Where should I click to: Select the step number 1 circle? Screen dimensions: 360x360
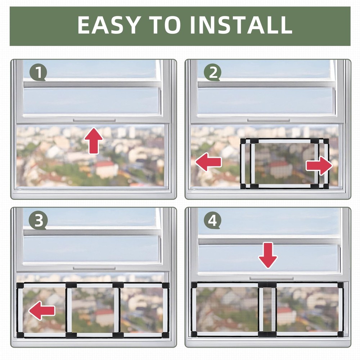[x=38, y=73]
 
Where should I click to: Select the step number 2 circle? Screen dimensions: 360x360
[x=213, y=73]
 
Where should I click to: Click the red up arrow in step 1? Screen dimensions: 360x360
[x=94, y=140]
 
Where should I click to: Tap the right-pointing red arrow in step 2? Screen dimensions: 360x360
[x=319, y=166]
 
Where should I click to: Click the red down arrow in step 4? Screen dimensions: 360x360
[x=268, y=255]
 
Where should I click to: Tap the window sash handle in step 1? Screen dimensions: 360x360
[x=94, y=120]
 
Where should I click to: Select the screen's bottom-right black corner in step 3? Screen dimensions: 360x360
[x=165, y=335]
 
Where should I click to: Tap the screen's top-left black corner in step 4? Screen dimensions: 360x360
[x=194, y=285]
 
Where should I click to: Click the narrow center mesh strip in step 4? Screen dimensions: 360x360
[x=267, y=310]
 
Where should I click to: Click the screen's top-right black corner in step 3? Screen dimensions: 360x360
[x=165, y=285]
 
